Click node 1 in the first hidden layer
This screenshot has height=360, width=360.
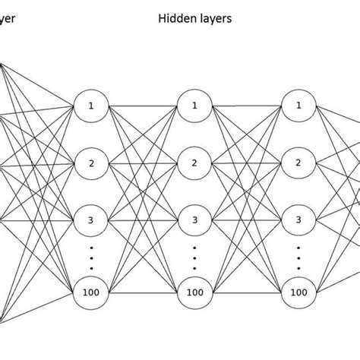point(90,106)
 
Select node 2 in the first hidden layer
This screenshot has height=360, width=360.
point(90,163)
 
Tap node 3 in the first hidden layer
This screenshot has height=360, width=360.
point(90,220)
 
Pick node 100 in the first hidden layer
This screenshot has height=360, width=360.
point(90,291)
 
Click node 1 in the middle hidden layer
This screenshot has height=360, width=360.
point(194,106)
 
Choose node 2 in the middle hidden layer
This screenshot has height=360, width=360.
point(194,163)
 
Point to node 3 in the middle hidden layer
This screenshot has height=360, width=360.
point(194,220)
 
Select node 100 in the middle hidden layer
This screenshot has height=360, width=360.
point(194,291)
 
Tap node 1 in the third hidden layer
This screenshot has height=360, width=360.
point(299,106)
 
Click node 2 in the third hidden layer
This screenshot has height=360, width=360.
point(299,163)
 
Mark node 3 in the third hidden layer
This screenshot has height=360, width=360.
point(299,220)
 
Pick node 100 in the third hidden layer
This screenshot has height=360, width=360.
point(299,291)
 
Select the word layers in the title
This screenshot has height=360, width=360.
point(215,16)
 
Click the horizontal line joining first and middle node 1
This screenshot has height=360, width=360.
point(142,106)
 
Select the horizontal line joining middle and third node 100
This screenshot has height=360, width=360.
point(247,291)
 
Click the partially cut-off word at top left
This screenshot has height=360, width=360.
point(7,16)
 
